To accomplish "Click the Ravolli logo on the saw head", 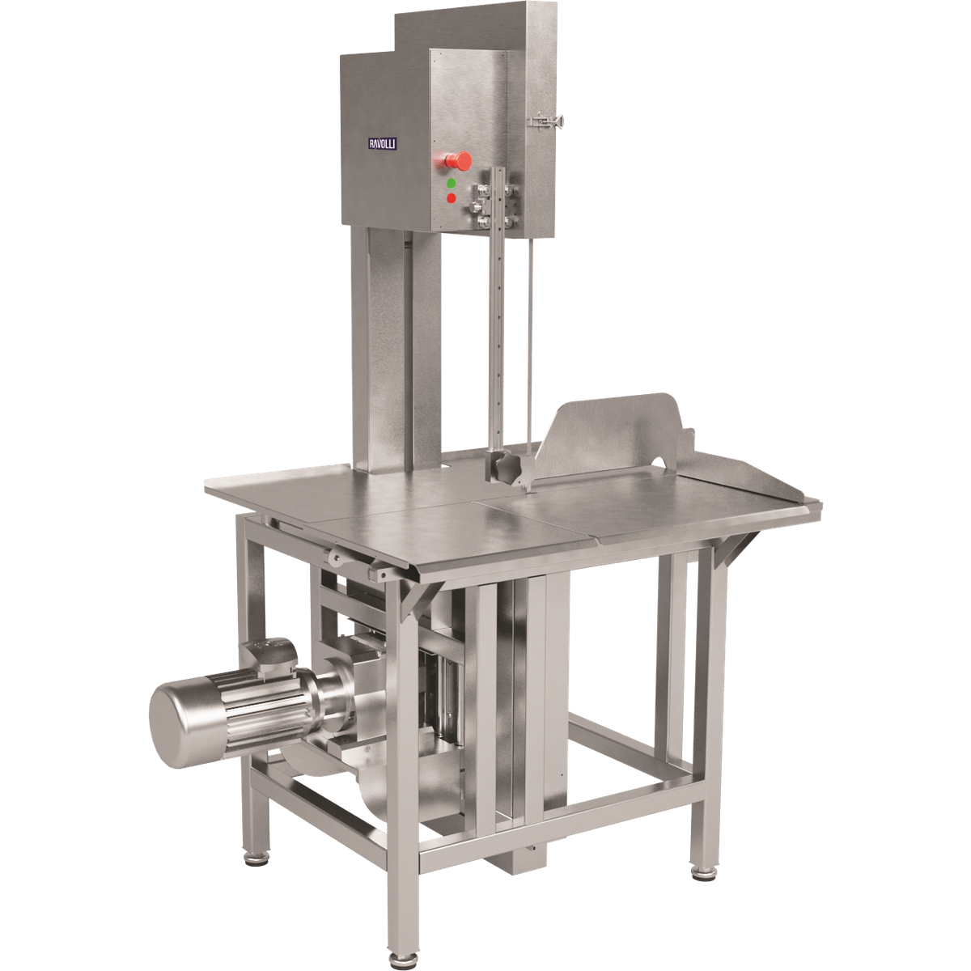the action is (x=383, y=144).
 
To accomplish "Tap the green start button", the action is (x=452, y=183).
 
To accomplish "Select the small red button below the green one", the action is (x=452, y=198).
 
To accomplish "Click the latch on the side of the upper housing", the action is (x=545, y=121).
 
